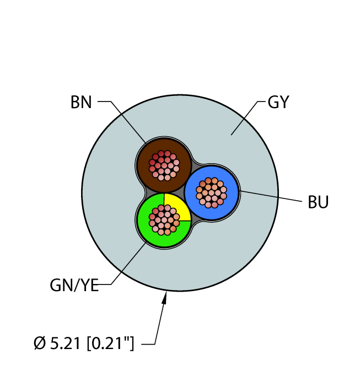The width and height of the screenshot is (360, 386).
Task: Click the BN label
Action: tap(81, 102)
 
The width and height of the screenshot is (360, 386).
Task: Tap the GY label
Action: tap(278, 102)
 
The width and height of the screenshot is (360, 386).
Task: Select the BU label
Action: tap(318, 202)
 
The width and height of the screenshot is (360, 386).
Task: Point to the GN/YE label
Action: tap(74, 285)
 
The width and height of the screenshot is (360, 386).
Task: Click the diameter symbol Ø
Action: tap(40, 343)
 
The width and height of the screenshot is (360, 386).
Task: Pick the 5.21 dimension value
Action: tap(65, 343)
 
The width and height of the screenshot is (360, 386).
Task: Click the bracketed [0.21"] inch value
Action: tap(110, 343)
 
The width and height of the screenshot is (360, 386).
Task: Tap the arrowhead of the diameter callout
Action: tap(165, 297)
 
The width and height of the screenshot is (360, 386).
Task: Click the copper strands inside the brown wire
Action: tap(164, 165)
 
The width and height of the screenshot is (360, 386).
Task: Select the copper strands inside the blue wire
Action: tap(211, 192)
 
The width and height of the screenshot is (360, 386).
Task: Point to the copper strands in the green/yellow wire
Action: tap(164, 220)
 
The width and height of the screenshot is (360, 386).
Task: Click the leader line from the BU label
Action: tap(271, 196)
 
